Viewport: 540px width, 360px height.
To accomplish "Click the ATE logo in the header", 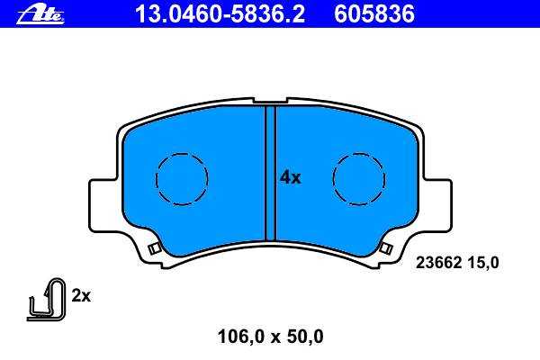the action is [x=40, y=14].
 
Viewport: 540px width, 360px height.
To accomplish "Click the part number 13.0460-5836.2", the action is [x=220, y=14].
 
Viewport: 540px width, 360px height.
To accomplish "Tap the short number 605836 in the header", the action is [x=374, y=14].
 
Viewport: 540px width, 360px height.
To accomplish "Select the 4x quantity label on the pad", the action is [x=290, y=177].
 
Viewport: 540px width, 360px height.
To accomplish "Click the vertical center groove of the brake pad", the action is [x=270, y=174].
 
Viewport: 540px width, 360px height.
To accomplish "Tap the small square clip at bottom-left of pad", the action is [x=154, y=248].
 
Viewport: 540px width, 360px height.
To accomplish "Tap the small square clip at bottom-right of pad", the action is [x=386, y=248].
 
